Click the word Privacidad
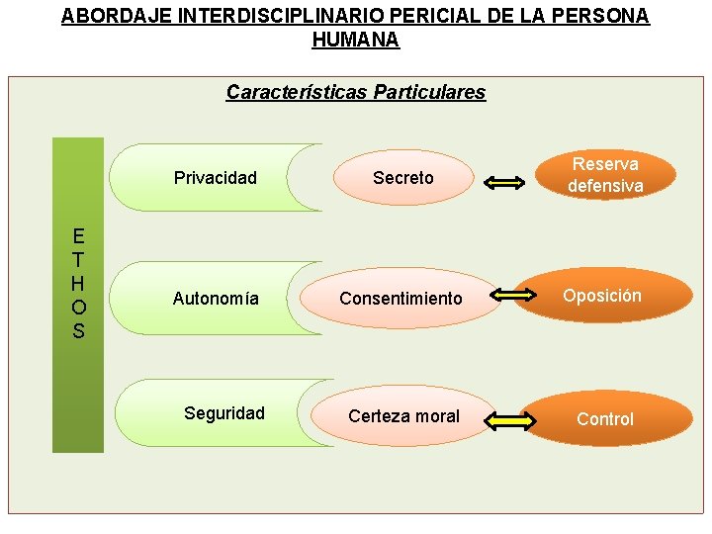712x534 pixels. [215, 178]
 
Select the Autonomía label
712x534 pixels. [216, 298]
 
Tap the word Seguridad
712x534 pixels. [224, 413]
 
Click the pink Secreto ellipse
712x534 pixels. [402, 178]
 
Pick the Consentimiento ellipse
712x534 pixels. [400, 298]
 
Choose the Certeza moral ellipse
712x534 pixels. [403, 416]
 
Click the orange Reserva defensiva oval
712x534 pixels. [605, 175]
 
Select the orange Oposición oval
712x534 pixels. [602, 296]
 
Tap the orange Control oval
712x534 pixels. [604, 419]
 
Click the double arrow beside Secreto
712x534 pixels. [506, 181]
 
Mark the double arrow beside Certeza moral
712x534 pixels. [510, 422]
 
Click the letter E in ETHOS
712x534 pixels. [78, 236]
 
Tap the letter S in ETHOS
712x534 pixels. [78, 331]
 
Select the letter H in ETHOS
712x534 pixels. [78, 283]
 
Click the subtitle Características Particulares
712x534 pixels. [356, 93]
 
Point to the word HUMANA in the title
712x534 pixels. [356, 41]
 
